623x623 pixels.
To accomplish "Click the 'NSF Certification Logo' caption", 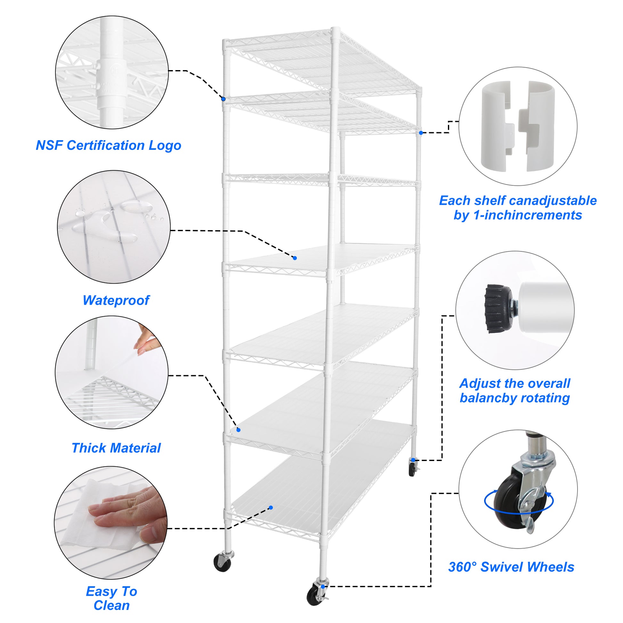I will click(108, 145).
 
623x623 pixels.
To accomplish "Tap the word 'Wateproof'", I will click(116, 300).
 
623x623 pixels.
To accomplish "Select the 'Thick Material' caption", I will click(116, 448).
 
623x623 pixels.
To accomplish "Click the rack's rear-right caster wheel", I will click(412, 469).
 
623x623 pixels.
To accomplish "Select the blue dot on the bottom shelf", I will click(271, 507).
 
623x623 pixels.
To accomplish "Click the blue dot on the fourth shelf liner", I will click(295, 258).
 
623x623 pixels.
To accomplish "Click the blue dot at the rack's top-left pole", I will click(223, 99).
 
